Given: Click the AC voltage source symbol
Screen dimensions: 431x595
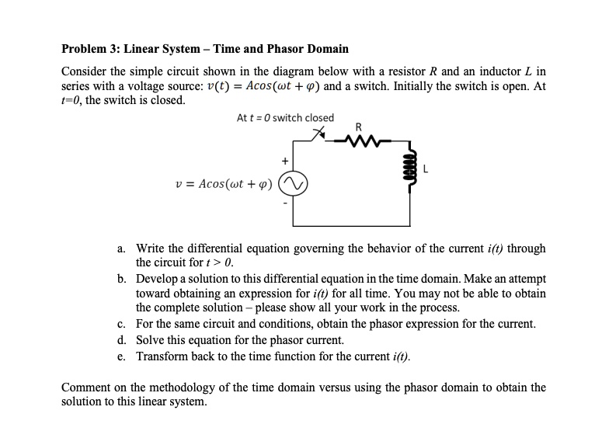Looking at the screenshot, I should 293,184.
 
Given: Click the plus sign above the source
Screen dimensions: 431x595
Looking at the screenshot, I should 285,161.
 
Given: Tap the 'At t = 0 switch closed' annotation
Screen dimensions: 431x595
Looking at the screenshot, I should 285,118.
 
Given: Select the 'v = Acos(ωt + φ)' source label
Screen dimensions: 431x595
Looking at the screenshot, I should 224,184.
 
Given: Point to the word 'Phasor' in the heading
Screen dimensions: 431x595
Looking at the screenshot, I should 292,49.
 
